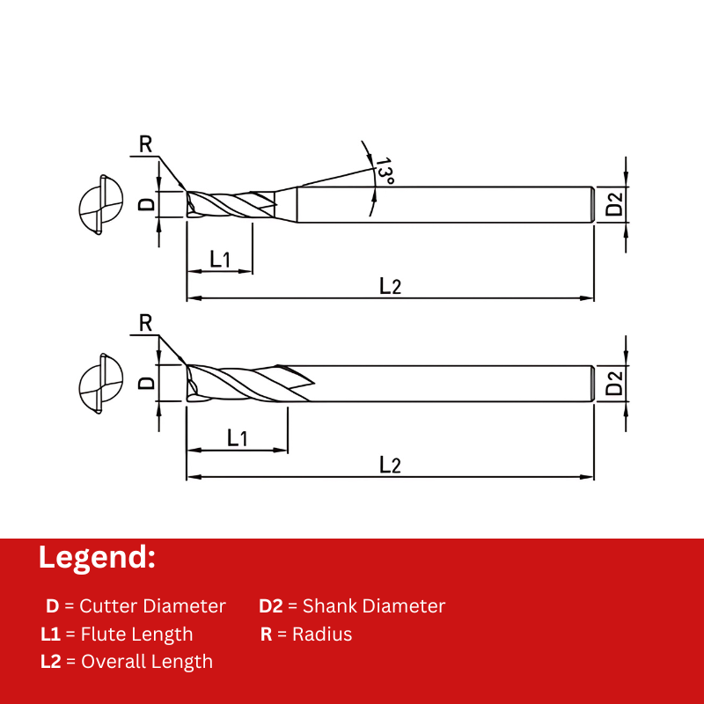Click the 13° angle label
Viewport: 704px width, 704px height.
pyautogui.click(x=385, y=170)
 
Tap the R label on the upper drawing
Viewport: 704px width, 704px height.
pyautogui.click(x=146, y=144)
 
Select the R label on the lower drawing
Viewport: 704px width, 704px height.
pyautogui.click(x=146, y=322)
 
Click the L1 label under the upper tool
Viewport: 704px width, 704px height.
pyautogui.click(x=219, y=259)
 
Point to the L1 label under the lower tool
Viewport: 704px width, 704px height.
pyautogui.click(x=237, y=437)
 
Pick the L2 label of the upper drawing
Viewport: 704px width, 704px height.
pyautogui.click(x=390, y=285)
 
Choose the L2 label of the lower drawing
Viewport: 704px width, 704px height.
pyautogui.click(x=390, y=465)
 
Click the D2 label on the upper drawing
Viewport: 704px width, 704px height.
pyautogui.click(x=615, y=204)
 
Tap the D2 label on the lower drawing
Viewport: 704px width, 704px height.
pyautogui.click(x=615, y=383)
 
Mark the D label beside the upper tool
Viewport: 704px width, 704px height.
pyautogui.click(x=148, y=204)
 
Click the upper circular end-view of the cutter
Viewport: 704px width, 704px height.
pyautogui.click(x=99, y=204)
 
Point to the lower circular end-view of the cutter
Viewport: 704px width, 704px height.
pyautogui.click(x=99, y=383)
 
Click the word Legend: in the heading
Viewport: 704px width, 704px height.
pyautogui.click(x=97, y=557)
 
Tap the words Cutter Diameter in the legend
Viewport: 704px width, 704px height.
pyautogui.click(x=152, y=605)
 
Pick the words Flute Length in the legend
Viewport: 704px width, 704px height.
pyautogui.click(x=136, y=634)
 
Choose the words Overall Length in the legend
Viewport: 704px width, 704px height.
pyautogui.click(x=147, y=662)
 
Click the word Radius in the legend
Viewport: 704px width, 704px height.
pyautogui.click(x=322, y=634)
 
